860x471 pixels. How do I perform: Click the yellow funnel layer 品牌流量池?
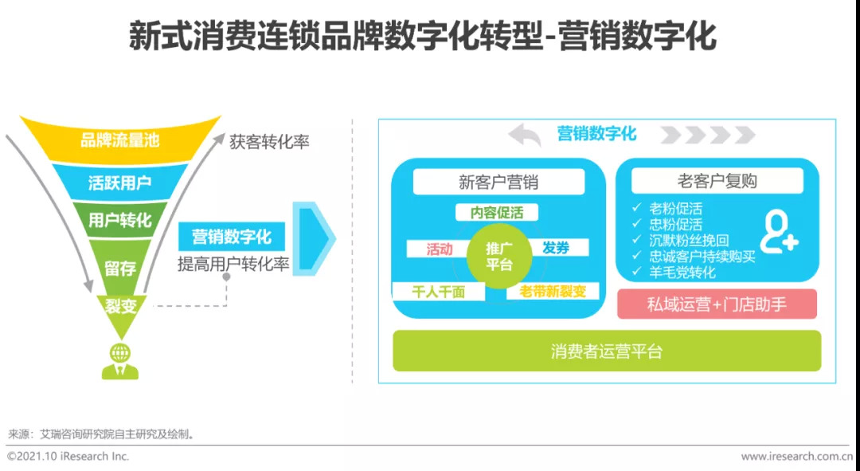point(119,140)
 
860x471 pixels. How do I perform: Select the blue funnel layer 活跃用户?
point(119,183)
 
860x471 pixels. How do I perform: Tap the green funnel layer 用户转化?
point(119,221)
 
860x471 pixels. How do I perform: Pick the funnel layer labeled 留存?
point(119,268)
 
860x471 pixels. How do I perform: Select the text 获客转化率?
point(269,143)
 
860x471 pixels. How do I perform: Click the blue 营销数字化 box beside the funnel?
point(232,237)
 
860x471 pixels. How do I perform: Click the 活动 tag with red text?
point(439,249)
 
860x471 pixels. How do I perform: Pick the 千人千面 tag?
point(438,292)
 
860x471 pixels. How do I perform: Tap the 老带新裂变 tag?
point(553,292)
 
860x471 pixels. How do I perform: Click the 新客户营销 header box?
point(498,182)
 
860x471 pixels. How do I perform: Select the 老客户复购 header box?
point(717,181)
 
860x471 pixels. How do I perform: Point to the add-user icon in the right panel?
point(778,232)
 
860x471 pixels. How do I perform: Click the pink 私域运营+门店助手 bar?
point(717,304)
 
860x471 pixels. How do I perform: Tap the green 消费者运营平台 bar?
point(606,351)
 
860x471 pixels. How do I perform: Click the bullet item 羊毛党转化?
point(682,273)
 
